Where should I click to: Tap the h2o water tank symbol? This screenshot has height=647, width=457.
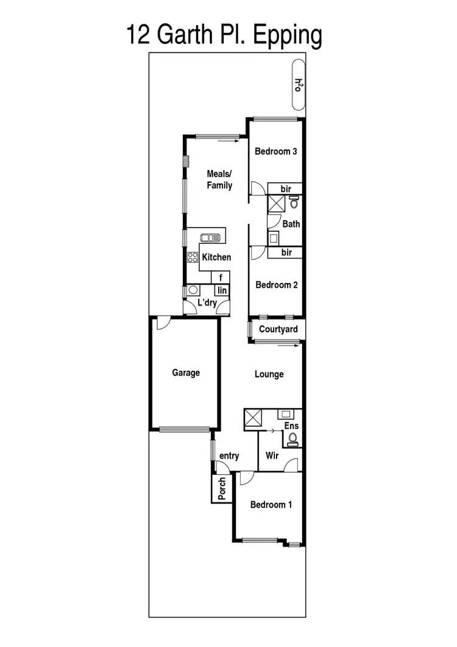click(299, 84)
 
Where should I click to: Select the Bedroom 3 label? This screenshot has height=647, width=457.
click(275, 151)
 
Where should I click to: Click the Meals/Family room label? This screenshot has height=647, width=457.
click(219, 180)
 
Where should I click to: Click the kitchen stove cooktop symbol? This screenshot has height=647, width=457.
click(193, 258)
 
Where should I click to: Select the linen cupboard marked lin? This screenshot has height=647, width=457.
click(222, 291)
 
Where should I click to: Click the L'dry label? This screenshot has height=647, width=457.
click(207, 302)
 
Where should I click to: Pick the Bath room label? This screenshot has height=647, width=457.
click(291, 224)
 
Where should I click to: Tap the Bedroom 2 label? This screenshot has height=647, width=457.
click(276, 284)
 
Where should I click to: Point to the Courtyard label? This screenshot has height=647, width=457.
click(278, 330)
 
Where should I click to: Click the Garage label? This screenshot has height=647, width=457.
click(185, 373)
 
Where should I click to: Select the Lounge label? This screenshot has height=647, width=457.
click(269, 374)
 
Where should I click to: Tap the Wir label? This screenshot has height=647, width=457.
click(272, 455)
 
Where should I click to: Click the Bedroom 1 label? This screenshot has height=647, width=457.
click(271, 505)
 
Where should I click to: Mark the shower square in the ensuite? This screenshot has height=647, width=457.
click(252, 418)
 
